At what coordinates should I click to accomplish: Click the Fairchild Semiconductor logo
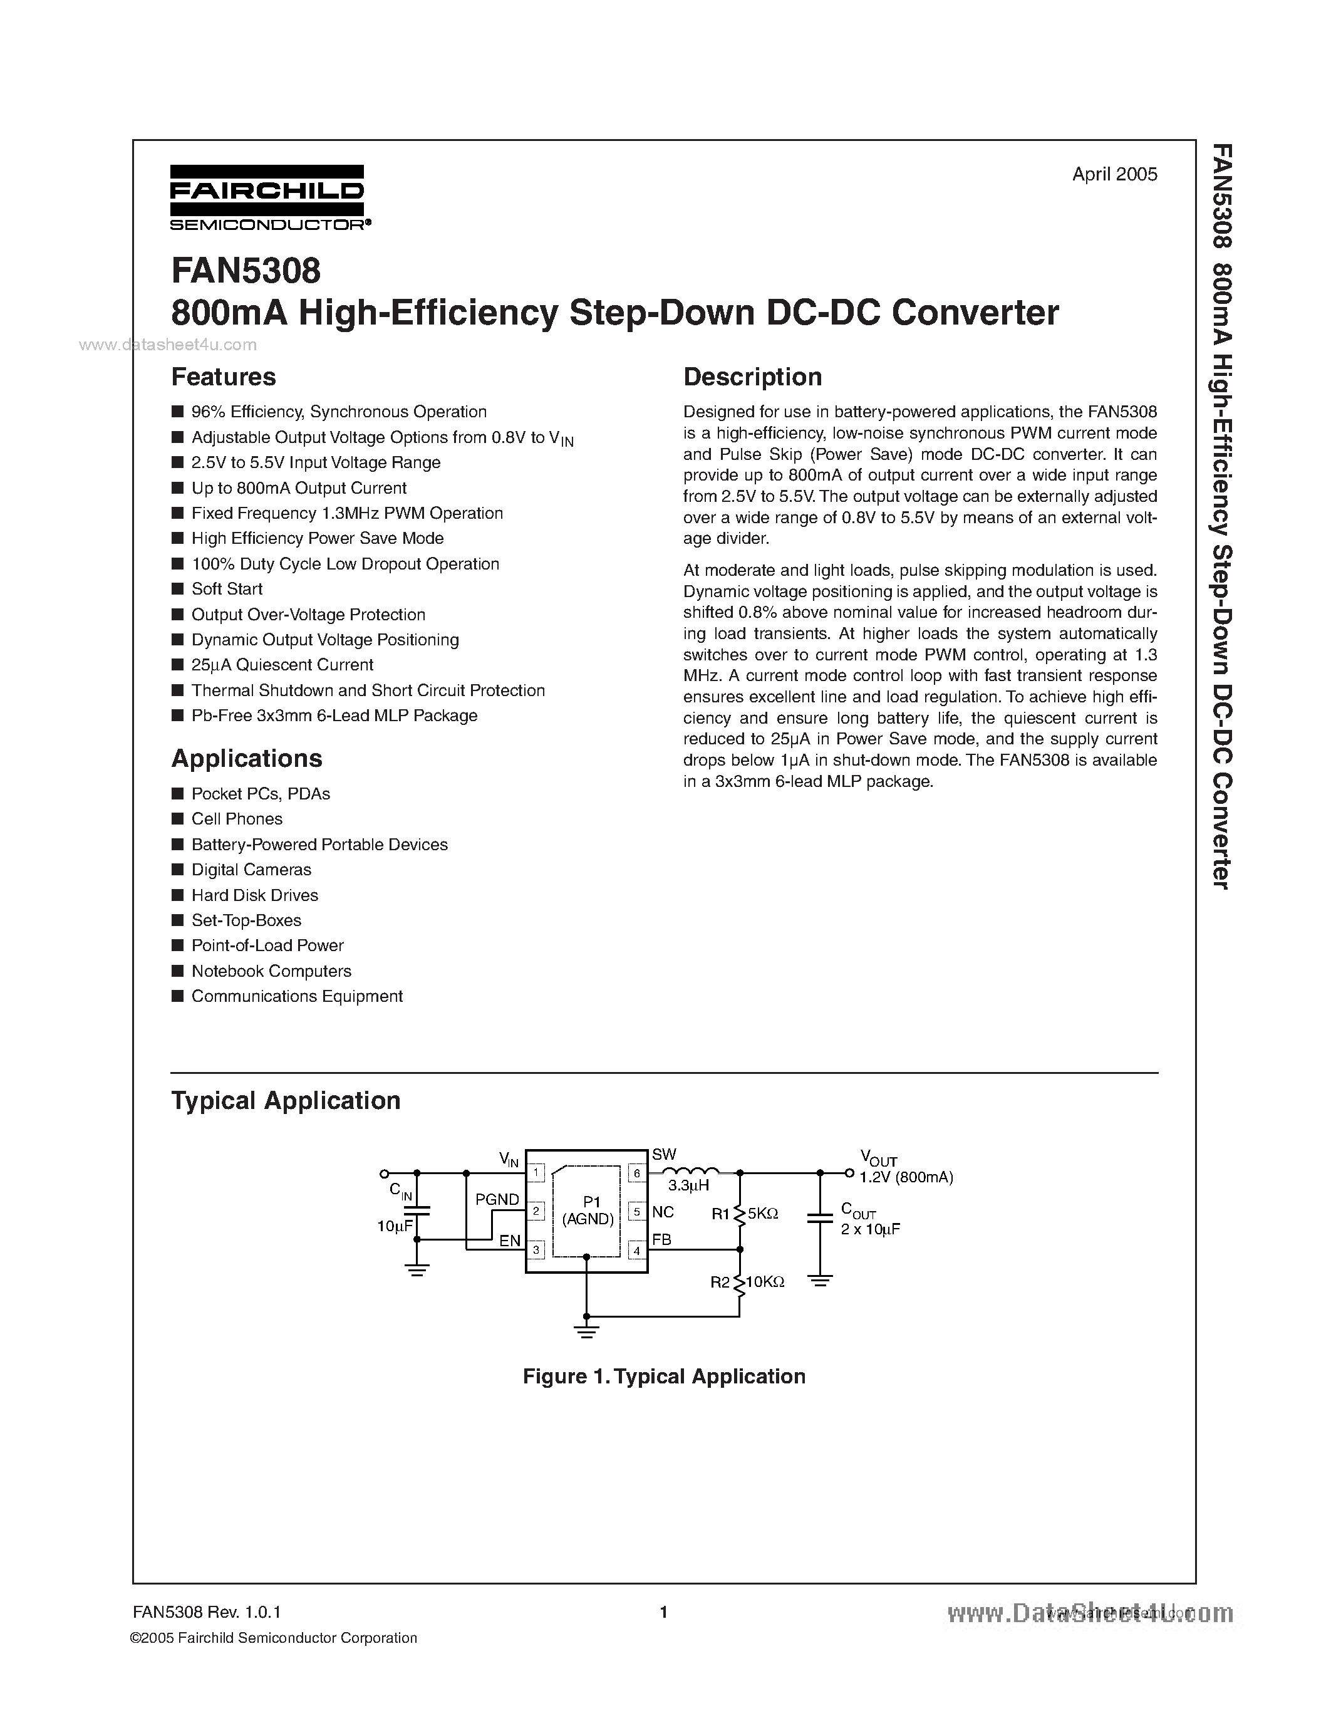tap(268, 197)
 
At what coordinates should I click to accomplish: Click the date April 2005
tap(1114, 174)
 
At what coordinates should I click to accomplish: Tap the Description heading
tap(752, 377)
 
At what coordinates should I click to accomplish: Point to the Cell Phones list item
tap(237, 819)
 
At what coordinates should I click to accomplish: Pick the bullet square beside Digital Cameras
tap(177, 870)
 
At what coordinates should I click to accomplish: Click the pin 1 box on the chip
tap(536, 1173)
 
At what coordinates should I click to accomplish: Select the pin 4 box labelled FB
tap(636, 1251)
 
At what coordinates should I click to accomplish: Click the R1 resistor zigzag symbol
tap(740, 1214)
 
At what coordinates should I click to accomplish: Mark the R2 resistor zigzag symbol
tap(740, 1283)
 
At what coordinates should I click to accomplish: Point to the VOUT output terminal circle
tap(849, 1173)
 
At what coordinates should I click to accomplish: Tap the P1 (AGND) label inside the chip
tap(588, 1211)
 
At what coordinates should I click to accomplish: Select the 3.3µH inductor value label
tap(688, 1186)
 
